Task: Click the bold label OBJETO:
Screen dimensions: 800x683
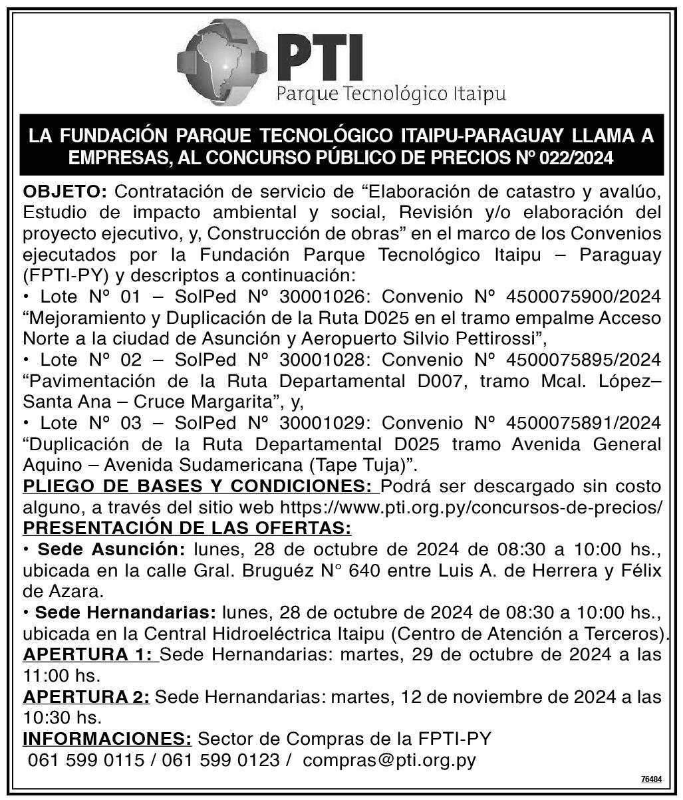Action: (x=65, y=193)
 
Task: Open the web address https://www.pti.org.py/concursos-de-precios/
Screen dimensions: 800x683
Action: (x=472, y=508)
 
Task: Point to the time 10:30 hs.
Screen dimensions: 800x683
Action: (x=62, y=718)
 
